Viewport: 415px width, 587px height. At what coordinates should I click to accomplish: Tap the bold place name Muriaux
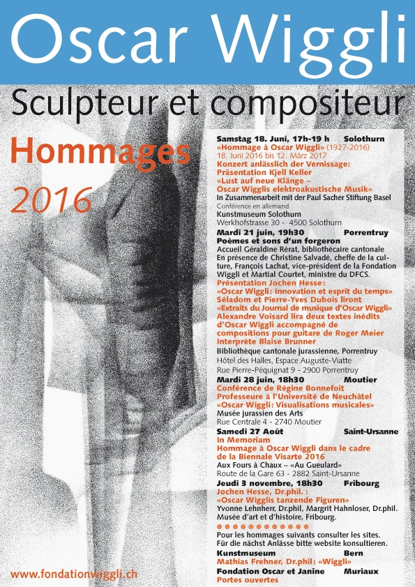pyautogui.click(x=361, y=571)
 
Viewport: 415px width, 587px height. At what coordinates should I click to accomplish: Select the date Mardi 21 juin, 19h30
pyautogui.click(x=260, y=231)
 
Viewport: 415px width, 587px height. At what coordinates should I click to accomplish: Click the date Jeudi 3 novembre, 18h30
pyautogui.click(x=269, y=483)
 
